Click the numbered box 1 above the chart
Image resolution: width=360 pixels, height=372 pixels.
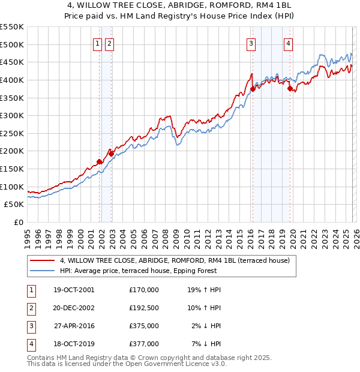point(97,43)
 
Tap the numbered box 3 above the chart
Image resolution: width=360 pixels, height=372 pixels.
point(250,43)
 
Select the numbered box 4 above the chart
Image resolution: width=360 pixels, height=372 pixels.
point(289,43)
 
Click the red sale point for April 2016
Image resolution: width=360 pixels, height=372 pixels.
point(253,89)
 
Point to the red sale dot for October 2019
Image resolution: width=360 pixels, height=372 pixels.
point(290,88)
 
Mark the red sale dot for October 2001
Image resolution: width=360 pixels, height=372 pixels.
point(99,161)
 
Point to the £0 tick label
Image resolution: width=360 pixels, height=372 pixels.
point(18,222)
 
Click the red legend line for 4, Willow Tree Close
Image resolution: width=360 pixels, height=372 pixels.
point(42,260)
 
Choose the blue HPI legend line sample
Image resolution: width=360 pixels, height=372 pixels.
point(42,271)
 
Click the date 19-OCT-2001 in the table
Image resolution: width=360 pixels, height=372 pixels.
point(73,290)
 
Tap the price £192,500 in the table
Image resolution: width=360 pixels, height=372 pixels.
point(144,308)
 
